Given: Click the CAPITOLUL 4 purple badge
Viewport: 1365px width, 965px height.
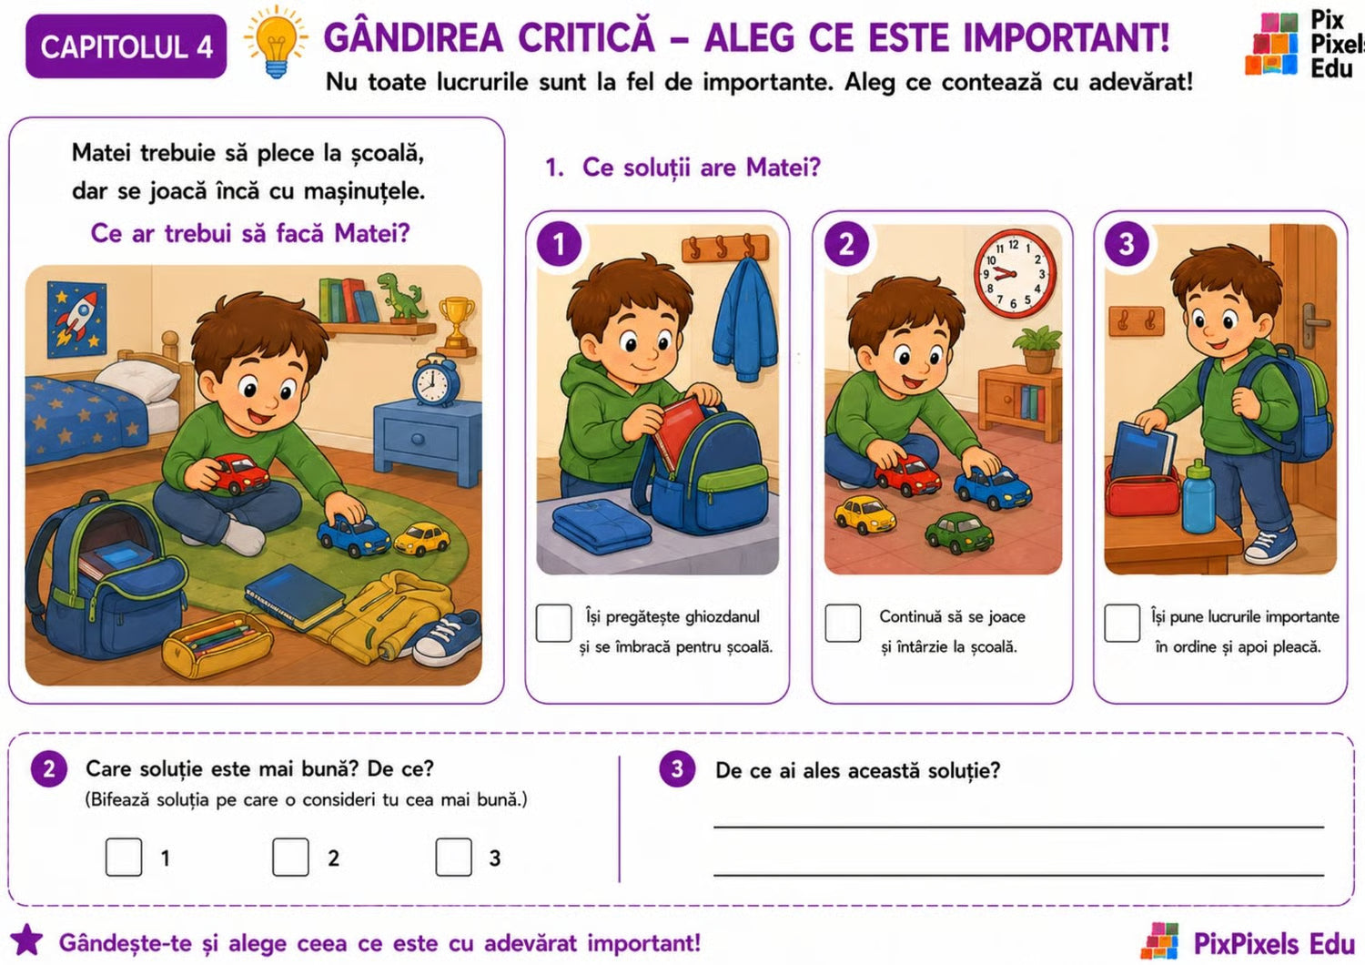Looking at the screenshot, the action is (x=126, y=46).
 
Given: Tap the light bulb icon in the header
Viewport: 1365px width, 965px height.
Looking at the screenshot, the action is (x=276, y=42).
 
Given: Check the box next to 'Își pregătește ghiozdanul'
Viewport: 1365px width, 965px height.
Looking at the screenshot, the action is (x=553, y=623).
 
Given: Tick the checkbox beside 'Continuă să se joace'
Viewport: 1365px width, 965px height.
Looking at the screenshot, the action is (x=843, y=623).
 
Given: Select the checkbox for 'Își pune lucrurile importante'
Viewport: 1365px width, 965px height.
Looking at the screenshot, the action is (x=1122, y=623).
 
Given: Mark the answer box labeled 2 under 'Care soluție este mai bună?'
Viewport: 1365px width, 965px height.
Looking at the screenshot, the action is (x=290, y=857).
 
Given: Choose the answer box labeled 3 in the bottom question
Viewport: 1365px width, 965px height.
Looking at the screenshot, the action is (x=453, y=857).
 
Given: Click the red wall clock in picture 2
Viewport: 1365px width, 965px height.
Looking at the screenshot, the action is (x=1015, y=273).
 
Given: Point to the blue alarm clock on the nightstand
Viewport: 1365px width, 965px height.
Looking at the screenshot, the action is (x=435, y=381).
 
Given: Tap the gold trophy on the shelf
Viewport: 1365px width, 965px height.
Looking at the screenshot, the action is (x=457, y=323).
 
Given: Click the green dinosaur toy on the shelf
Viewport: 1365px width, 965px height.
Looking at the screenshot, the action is (x=402, y=297).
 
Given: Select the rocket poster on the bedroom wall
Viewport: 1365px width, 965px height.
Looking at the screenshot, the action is (x=76, y=320).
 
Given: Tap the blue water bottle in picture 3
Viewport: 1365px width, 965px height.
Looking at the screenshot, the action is (x=1198, y=497).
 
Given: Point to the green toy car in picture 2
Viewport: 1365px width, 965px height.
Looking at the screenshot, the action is (x=958, y=533).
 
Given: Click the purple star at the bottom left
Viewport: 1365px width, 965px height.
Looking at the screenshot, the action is (x=26, y=940).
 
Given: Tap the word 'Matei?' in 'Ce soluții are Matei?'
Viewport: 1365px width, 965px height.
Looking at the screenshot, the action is (x=783, y=167).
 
